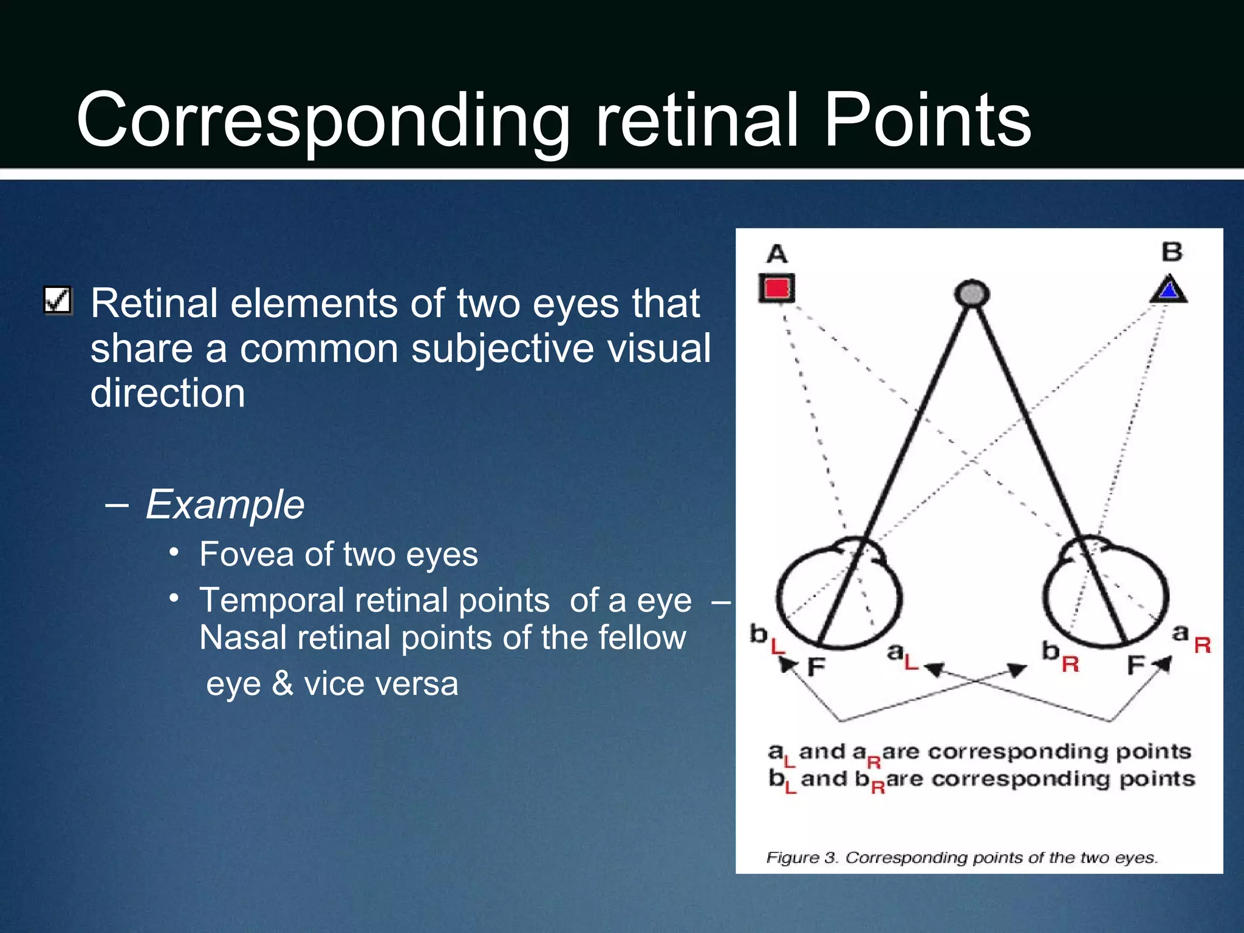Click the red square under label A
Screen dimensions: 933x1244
pos(776,289)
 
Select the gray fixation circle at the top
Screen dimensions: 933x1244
pos(972,294)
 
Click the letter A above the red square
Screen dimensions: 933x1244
pos(777,253)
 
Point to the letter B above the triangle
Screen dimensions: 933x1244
pos(1172,251)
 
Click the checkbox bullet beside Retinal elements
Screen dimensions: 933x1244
pos(58,301)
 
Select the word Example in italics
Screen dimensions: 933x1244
pos(225,504)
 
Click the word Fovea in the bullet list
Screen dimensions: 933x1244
pos(248,554)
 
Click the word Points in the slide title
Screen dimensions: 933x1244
pos(927,120)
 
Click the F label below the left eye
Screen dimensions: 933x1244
pos(816,667)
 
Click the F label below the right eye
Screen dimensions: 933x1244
pos(1135,665)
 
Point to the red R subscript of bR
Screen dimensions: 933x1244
pos(1070,664)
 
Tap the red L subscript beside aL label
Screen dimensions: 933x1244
pos(911,663)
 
